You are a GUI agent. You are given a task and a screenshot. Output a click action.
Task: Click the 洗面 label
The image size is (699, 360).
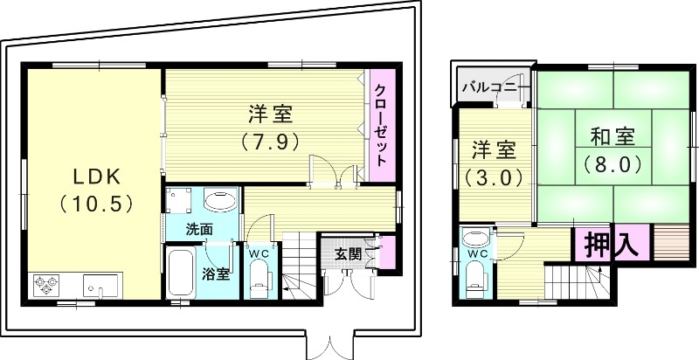[x=199, y=229]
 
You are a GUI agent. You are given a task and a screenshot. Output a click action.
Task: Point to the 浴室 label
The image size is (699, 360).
[x=218, y=273]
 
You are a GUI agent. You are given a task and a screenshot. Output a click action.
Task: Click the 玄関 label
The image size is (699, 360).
[x=348, y=254]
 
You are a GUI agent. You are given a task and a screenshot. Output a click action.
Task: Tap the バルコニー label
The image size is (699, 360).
[x=495, y=87]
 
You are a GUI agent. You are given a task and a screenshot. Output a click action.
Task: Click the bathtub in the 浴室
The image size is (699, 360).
[x=182, y=273]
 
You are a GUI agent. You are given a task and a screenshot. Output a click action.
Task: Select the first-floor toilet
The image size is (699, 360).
[x=260, y=280]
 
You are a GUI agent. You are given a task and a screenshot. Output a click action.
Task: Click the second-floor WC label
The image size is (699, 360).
[x=477, y=254]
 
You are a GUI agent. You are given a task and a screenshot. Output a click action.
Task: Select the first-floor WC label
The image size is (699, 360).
[x=260, y=253]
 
